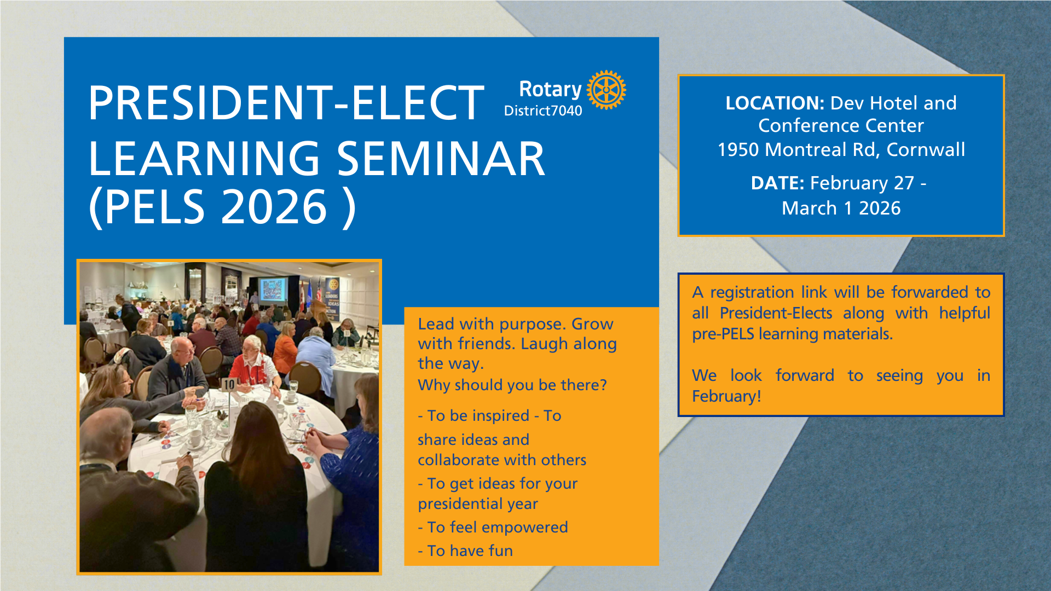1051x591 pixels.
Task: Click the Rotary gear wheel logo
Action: point(607,90)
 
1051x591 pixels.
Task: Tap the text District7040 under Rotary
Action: point(543,111)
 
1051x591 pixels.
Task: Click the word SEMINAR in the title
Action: point(441,159)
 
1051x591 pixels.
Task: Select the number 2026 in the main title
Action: point(274,207)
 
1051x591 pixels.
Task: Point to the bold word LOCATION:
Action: point(775,103)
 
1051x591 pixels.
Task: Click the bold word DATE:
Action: point(777,183)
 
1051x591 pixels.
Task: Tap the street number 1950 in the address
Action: point(738,149)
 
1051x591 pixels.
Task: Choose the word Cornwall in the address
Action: point(926,149)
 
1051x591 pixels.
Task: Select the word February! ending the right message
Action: point(726,396)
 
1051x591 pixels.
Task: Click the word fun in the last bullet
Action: point(500,551)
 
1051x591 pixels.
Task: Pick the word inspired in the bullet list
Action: point(499,416)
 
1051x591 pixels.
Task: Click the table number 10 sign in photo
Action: point(229,384)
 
